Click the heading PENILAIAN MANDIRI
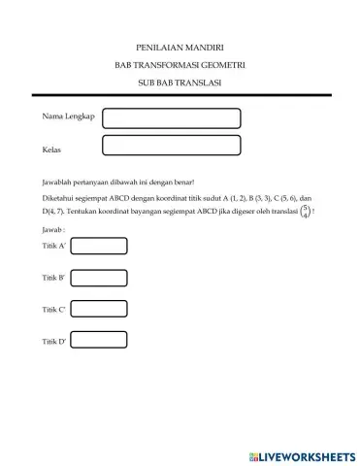pos(180,47)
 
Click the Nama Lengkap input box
pos(171,117)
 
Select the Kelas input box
pos(171,146)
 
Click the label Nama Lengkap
pos(68,116)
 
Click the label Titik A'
pos(54,248)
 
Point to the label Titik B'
pos(54,279)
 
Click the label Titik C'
pos(54,311)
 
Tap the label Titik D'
pos(54,343)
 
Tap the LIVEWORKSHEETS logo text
pos(307,455)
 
